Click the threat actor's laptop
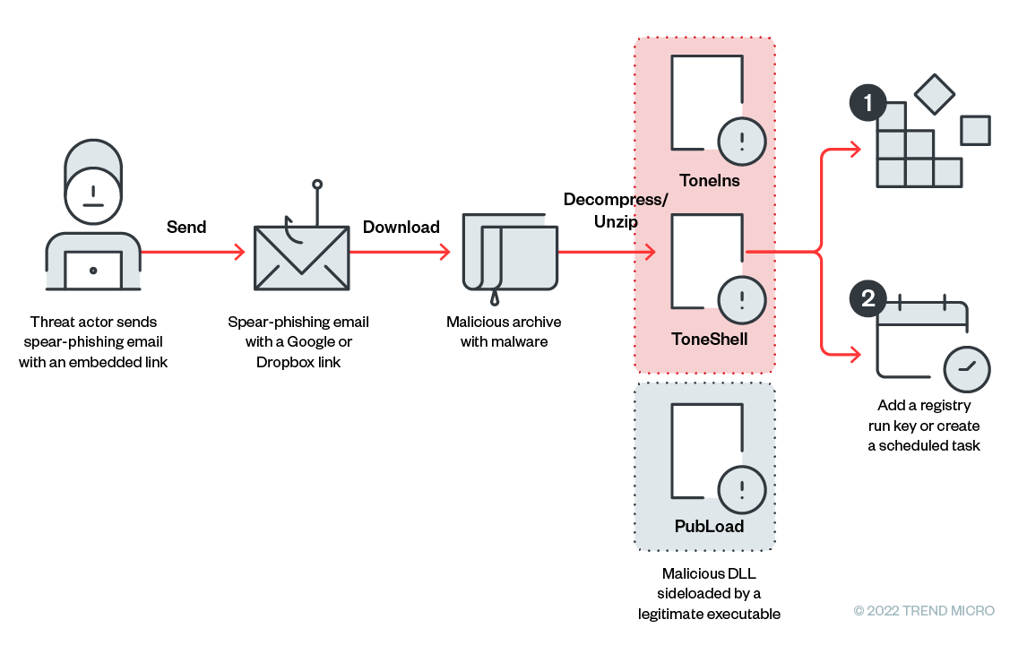pos(93,269)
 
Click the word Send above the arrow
pos(186,228)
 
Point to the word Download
pos(401,228)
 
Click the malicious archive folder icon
pos(510,254)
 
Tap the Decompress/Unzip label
pos(616,211)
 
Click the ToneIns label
pos(709,181)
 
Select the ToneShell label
pos(709,340)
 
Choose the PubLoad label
pos(709,526)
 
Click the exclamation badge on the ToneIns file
pos(742,141)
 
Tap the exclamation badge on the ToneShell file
pos(742,299)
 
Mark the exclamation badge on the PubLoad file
pos(742,489)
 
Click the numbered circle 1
pos(867,104)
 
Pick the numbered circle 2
pos(867,298)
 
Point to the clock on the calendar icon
pos(967,367)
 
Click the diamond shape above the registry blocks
pos(935,94)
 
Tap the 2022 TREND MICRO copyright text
pos(924,611)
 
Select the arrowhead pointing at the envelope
pos(239,253)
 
